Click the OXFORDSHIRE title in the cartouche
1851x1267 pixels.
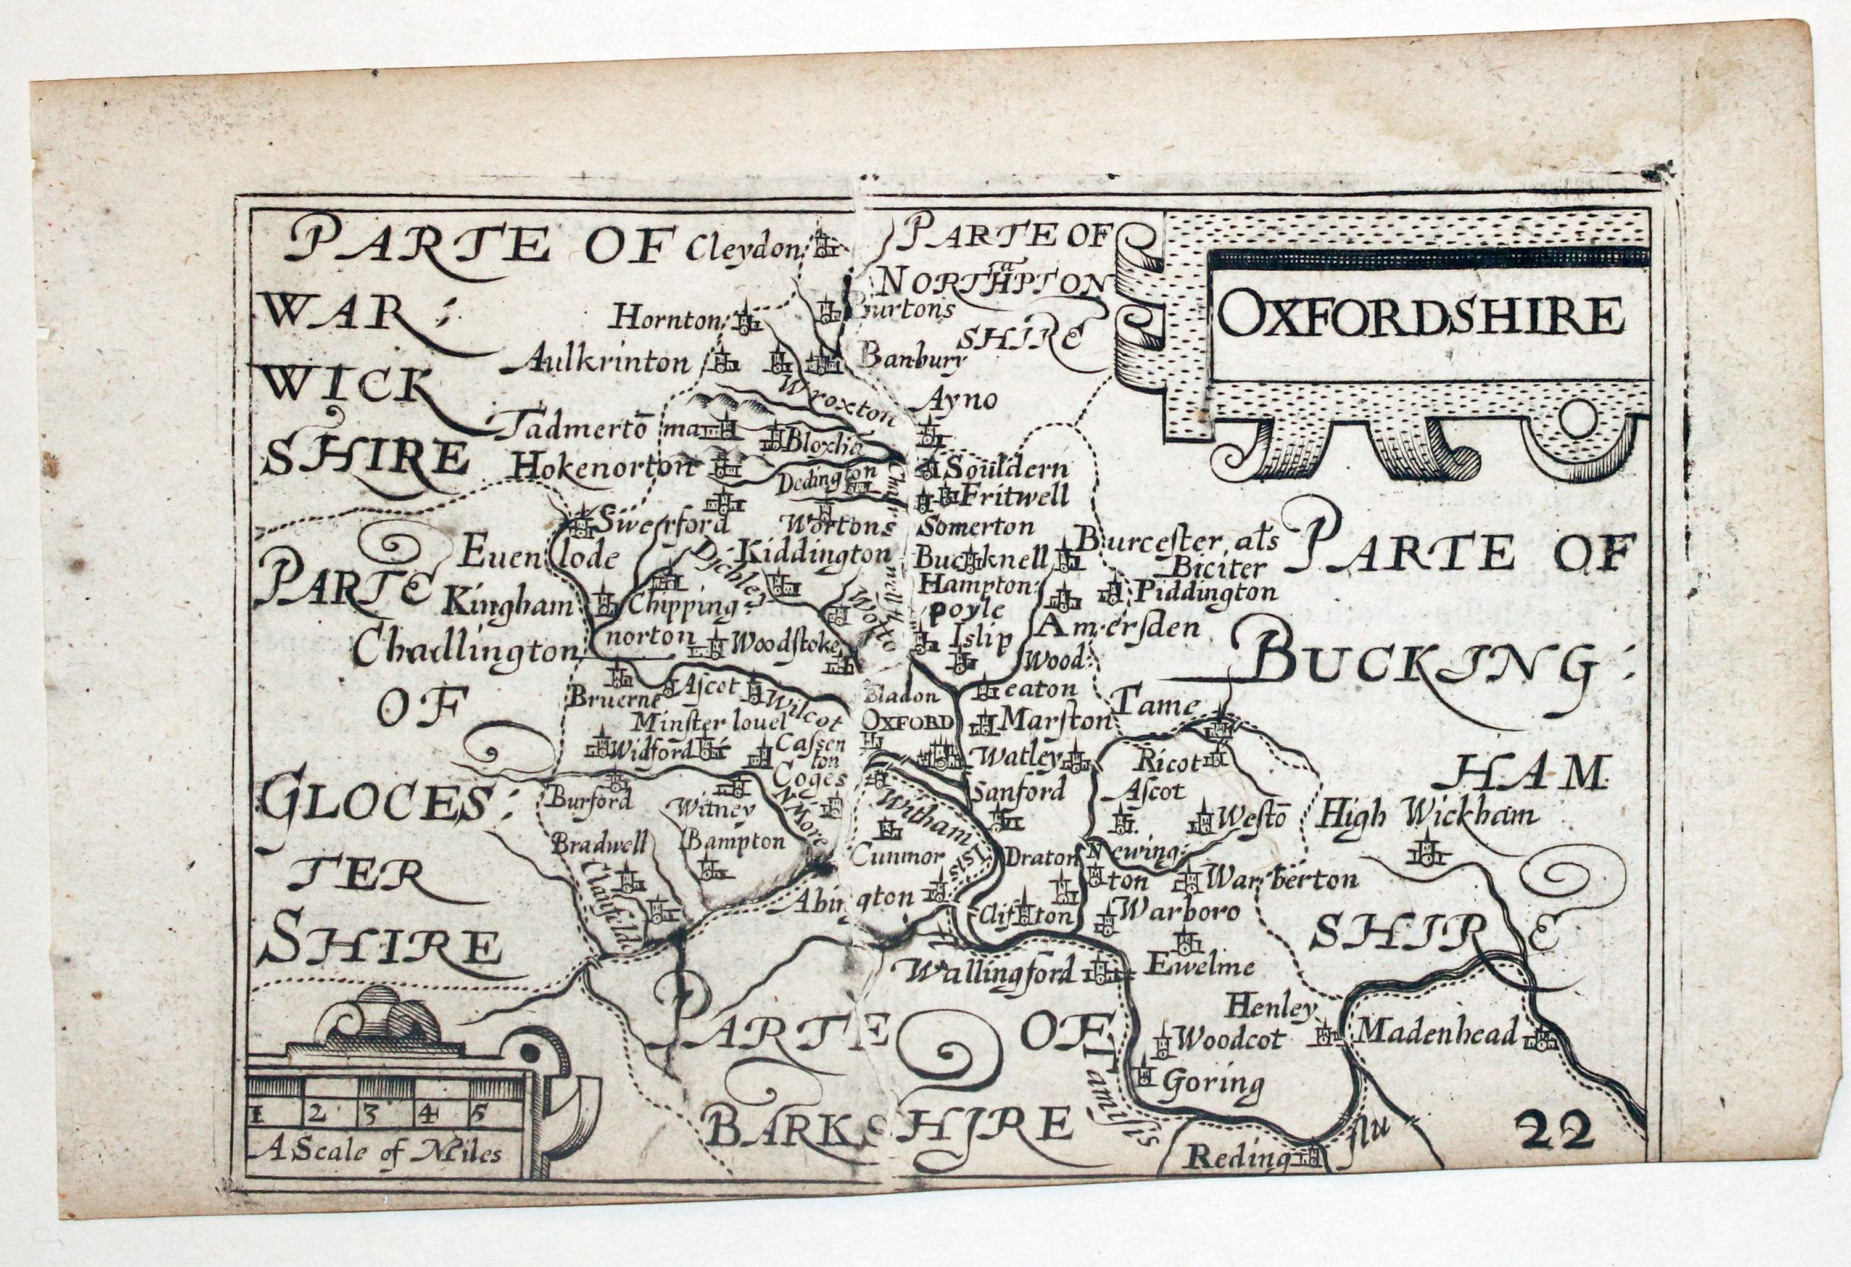click(x=1420, y=317)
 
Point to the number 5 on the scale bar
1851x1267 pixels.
click(x=476, y=1114)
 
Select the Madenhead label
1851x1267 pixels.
click(x=1437, y=1032)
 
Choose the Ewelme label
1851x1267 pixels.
click(x=1199, y=967)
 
